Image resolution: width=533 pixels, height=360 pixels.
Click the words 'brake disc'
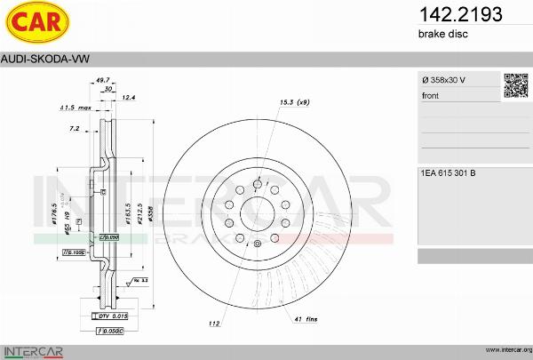[x=442, y=34]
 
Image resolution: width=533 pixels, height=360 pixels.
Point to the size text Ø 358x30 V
[x=443, y=81]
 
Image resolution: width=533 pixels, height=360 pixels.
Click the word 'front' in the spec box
[x=430, y=95]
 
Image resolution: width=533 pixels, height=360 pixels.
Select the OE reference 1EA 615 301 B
[x=448, y=172]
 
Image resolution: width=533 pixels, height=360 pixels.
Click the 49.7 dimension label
[x=102, y=79]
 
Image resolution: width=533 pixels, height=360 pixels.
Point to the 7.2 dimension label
[x=75, y=129]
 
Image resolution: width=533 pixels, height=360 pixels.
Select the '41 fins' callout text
[x=306, y=318]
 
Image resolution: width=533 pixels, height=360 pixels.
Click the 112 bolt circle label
[x=214, y=324]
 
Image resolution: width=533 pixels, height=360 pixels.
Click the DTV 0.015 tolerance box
[x=111, y=316]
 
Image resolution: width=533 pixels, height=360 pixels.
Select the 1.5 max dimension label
[x=76, y=108]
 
